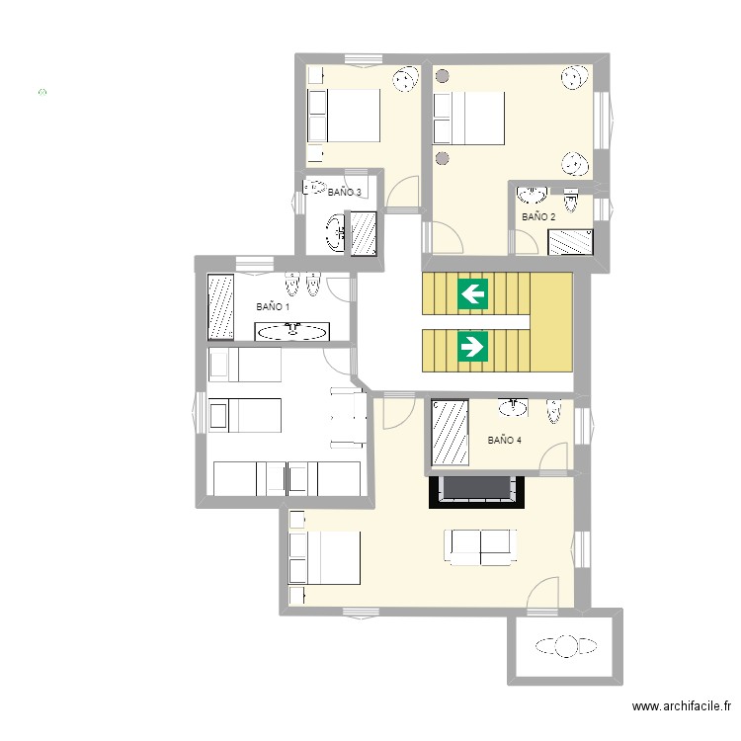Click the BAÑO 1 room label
273,306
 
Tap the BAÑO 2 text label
538,217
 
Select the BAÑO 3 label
345,192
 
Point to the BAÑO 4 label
504,440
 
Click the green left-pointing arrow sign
472,294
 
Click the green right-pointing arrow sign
472,347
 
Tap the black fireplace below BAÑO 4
476,492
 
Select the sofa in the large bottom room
480,547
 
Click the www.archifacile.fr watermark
682,706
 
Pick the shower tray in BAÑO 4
450,433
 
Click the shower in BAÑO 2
570,242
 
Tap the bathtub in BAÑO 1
220,306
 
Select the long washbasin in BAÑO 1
292,331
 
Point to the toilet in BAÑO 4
553,411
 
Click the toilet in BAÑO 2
571,201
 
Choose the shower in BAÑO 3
364,234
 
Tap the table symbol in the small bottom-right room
566,646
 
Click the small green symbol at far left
42,92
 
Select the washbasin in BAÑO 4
513,407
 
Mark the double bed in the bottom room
324,557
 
